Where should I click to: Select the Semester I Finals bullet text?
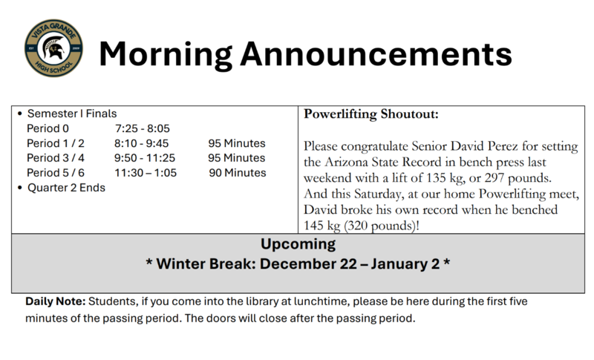coord(72,114)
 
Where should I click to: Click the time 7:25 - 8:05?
coord(142,128)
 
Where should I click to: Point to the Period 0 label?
coord(48,128)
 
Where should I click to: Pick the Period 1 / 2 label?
coord(56,143)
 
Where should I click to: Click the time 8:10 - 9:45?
coord(142,143)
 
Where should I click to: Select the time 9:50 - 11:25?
coord(144,158)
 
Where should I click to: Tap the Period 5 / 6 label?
coord(56,173)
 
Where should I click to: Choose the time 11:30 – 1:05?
coord(145,173)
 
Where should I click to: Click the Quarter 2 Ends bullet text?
coord(66,188)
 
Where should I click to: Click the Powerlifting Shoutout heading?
coord(371,115)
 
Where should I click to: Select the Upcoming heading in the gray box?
coord(297,244)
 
